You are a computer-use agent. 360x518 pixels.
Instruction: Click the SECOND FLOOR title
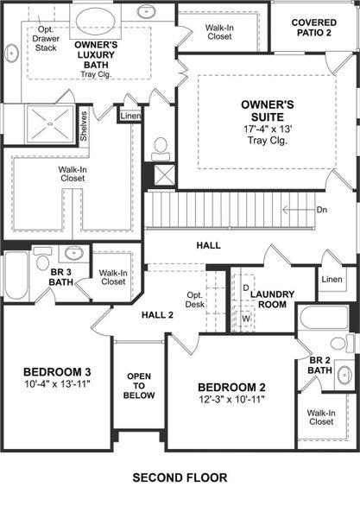pyautogui.click(x=180, y=477)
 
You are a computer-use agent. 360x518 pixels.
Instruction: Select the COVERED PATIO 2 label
pyautogui.click(x=313, y=27)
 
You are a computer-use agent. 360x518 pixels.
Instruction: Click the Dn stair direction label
pyautogui.click(x=321, y=210)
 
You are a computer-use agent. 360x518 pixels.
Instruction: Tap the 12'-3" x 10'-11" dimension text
pyautogui.click(x=231, y=399)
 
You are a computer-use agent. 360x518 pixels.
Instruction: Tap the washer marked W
pyautogui.click(x=245, y=317)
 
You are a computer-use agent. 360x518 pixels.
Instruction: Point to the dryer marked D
pyautogui.click(x=245, y=287)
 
